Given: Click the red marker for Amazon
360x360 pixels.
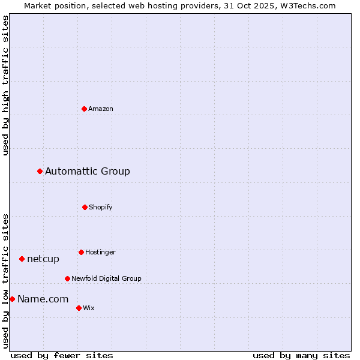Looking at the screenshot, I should [x=84, y=109].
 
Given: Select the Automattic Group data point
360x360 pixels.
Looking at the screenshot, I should [x=40, y=172].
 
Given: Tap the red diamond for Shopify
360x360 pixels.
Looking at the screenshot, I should [x=85, y=207].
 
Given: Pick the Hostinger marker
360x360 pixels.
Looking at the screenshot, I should [x=81, y=252].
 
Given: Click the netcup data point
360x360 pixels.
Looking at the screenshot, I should [x=22, y=259].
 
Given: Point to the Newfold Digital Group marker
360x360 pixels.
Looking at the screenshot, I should [x=67, y=278].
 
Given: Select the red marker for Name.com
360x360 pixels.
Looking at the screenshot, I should [x=12, y=299].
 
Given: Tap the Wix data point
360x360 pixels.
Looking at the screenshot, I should [x=79, y=308].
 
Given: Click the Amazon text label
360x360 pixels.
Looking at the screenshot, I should [x=101, y=109].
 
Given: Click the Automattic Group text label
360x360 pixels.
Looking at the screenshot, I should [x=88, y=172].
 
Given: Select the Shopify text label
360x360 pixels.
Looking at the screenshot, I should [x=101, y=207].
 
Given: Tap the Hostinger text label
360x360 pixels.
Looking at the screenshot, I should [x=100, y=252].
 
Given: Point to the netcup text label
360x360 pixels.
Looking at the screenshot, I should [x=43, y=259].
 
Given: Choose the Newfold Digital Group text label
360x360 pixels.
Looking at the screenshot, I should [x=106, y=278].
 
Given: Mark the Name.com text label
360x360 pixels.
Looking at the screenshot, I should [x=43, y=299].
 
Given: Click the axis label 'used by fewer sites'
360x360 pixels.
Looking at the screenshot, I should [x=62, y=355].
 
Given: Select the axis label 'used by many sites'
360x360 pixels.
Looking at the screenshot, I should [x=301, y=355].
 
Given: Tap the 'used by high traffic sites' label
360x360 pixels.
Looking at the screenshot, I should [x=5, y=85].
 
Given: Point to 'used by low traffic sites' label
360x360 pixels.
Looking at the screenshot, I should [x=5, y=281].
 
